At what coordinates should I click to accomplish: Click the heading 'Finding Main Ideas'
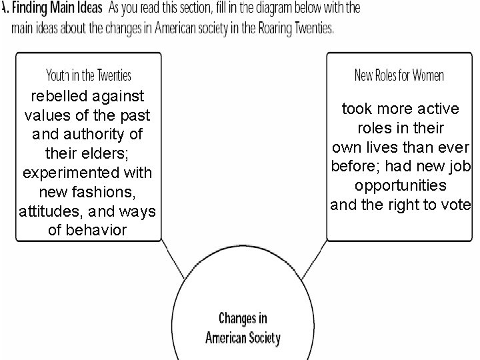pyautogui.click(x=60, y=8)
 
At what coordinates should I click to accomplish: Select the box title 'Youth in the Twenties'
pyautogui.click(x=89, y=75)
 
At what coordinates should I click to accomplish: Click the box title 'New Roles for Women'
pyautogui.click(x=399, y=75)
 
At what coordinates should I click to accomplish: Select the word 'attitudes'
pyautogui.click(x=49, y=211)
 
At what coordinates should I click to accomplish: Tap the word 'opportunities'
pyautogui.click(x=400, y=185)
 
